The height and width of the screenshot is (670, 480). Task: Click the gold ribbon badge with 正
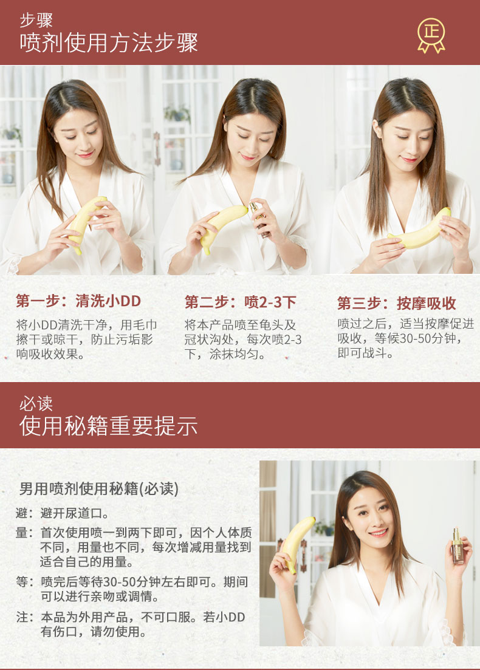(x=431, y=35)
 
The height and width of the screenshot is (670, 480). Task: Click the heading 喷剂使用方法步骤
(x=109, y=43)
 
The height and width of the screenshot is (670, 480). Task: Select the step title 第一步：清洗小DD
(x=78, y=301)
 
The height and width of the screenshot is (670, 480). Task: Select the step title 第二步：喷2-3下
(x=240, y=302)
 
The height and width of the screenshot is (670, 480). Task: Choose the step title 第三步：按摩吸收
(x=397, y=303)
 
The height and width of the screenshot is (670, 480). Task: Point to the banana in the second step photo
(x=222, y=227)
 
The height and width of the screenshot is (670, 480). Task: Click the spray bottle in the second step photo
(x=259, y=219)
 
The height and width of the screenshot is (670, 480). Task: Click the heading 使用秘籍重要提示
(x=109, y=426)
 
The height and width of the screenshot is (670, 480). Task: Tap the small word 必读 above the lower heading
(x=36, y=403)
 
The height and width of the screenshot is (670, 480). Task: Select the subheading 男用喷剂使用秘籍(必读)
(x=99, y=488)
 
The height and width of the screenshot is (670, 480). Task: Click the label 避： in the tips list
(x=24, y=513)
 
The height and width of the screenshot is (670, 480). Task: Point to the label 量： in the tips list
(x=24, y=533)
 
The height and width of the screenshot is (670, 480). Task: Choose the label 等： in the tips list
(x=24, y=581)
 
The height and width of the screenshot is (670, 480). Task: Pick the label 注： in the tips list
(x=24, y=617)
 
